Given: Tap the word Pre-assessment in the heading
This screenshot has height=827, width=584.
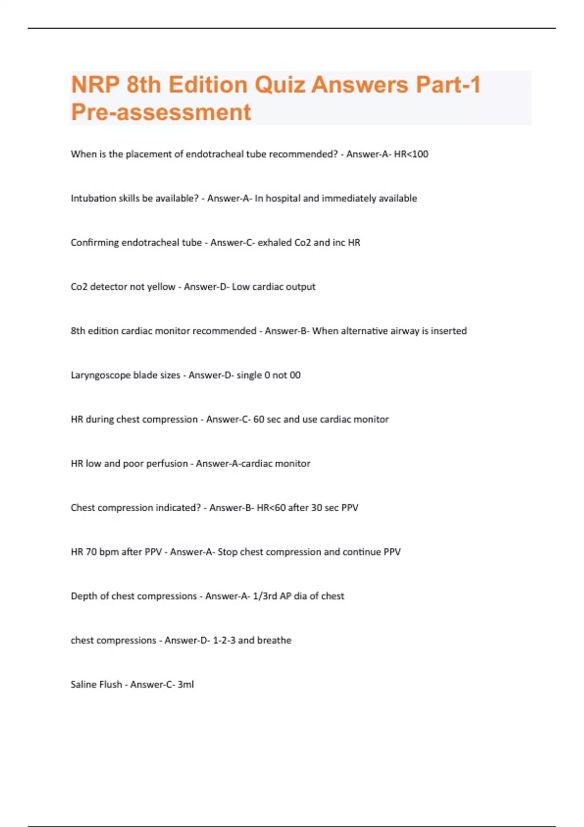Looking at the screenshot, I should (x=161, y=112).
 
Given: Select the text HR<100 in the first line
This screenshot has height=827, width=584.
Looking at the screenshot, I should (x=411, y=154).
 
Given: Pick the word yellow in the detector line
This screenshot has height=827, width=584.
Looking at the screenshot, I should (x=161, y=287).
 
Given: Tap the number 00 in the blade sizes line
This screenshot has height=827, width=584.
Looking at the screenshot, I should (x=295, y=375).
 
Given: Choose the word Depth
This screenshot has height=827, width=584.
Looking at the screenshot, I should (x=83, y=596).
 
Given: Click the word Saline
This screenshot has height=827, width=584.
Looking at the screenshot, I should (x=83, y=684).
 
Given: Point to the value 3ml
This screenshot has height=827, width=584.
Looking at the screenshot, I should (x=185, y=684).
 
